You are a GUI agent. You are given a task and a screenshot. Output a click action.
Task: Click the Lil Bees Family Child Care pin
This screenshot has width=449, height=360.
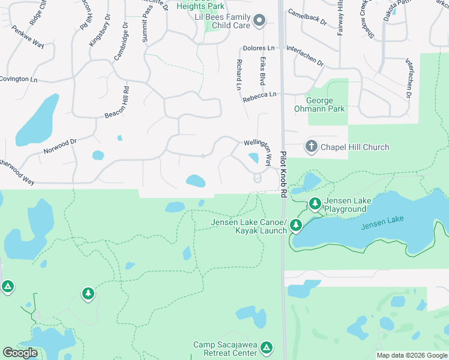[259, 21]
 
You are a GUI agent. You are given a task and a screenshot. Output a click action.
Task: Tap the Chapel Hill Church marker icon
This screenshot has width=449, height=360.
[311, 146]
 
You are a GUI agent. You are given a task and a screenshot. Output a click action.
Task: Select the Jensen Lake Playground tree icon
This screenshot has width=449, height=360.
[315, 205]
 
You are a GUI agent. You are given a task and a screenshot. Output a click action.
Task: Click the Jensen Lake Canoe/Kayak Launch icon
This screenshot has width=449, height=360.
[295, 226]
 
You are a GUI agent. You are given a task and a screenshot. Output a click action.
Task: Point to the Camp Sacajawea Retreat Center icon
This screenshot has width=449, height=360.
[267, 348]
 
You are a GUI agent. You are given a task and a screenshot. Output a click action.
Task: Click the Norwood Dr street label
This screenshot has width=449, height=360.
[60, 146]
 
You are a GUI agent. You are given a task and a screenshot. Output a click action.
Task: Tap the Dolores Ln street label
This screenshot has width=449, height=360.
[259, 48]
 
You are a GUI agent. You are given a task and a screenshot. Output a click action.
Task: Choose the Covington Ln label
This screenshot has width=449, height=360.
[18, 79]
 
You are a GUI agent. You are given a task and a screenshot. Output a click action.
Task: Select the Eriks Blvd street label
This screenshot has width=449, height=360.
[262, 71]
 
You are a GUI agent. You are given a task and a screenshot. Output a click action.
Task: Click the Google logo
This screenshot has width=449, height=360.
[20, 353]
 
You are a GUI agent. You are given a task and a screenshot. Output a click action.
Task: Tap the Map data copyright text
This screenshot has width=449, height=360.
[411, 355]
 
